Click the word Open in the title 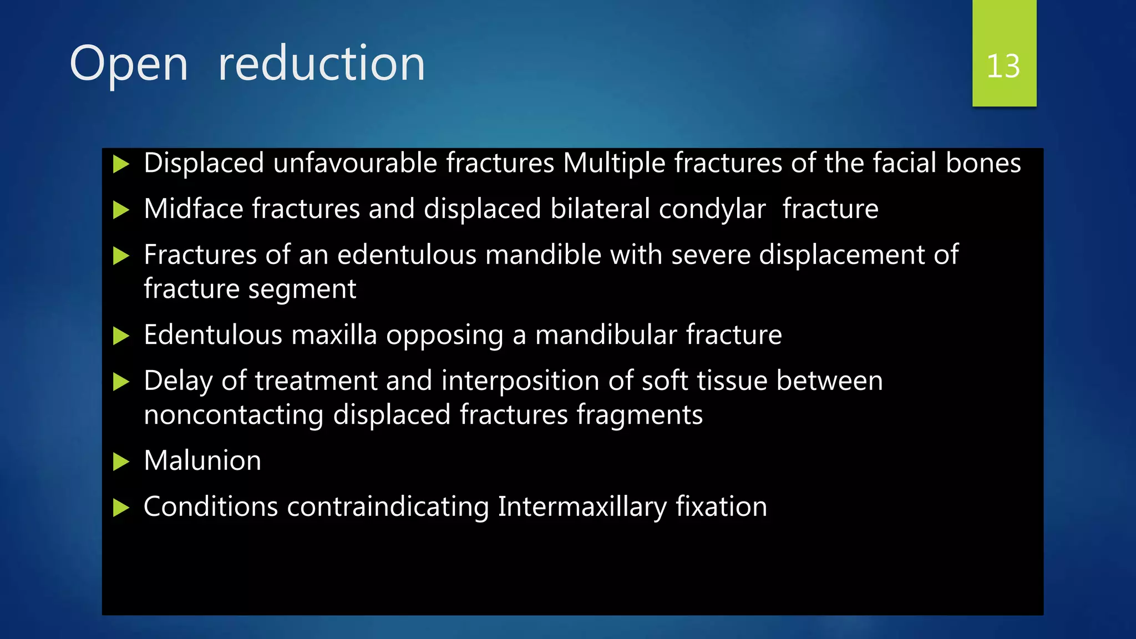click(129, 65)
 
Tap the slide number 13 click(1003, 67)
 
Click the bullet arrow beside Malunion click(121, 461)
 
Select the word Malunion click(202, 461)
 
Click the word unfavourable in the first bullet click(358, 164)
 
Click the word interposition click(520, 381)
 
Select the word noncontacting click(234, 415)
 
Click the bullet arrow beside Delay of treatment click(121, 382)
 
